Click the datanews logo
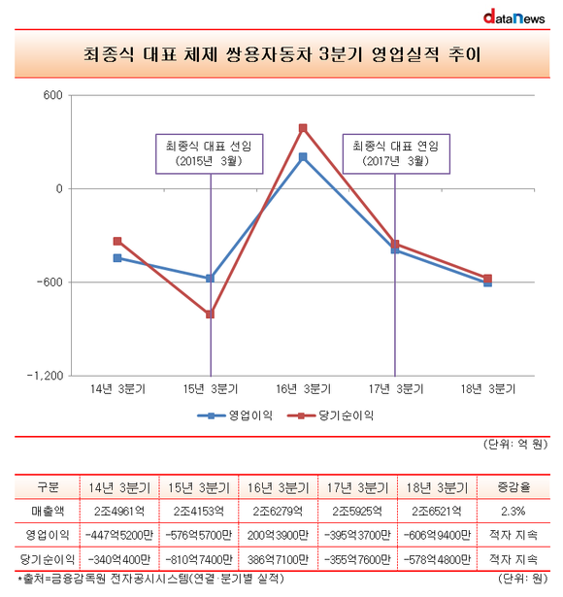pyautogui.click(x=513, y=17)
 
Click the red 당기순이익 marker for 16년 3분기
pyautogui.click(x=303, y=128)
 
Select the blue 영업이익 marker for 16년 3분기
pyautogui.click(x=303, y=157)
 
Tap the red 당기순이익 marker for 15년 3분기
pyautogui.click(x=210, y=315)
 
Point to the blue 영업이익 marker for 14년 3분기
pyautogui.click(x=117, y=258)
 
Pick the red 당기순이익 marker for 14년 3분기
pyautogui.click(x=117, y=241)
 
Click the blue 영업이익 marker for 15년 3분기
pyautogui.click(x=210, y=279)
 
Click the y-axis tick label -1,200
pyautogui.click(x=45, y=376)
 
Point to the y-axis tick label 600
pyautogui.click(x=53, y=95)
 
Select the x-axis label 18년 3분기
pyautogui.click(x=488, y=389)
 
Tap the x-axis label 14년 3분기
pyautogui.click(x=117, y=389)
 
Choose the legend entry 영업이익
pyautogui.click(x=235, y=415)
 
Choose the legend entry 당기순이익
pyautogui.click(x=330, y=415)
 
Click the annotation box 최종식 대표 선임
pyautogui.click(x=210, y=153)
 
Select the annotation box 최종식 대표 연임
pyautogui.click(x=396, y=153)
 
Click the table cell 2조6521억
pyautogui.click(x=437, y=511)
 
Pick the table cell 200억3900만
pyautogui.click(x=278, y=535)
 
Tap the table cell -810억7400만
pyautogui.click(x=199, y=560)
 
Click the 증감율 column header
pyautogui.click(x=513, y=487)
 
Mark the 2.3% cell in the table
pyautogui.click(x=513, y=511)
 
